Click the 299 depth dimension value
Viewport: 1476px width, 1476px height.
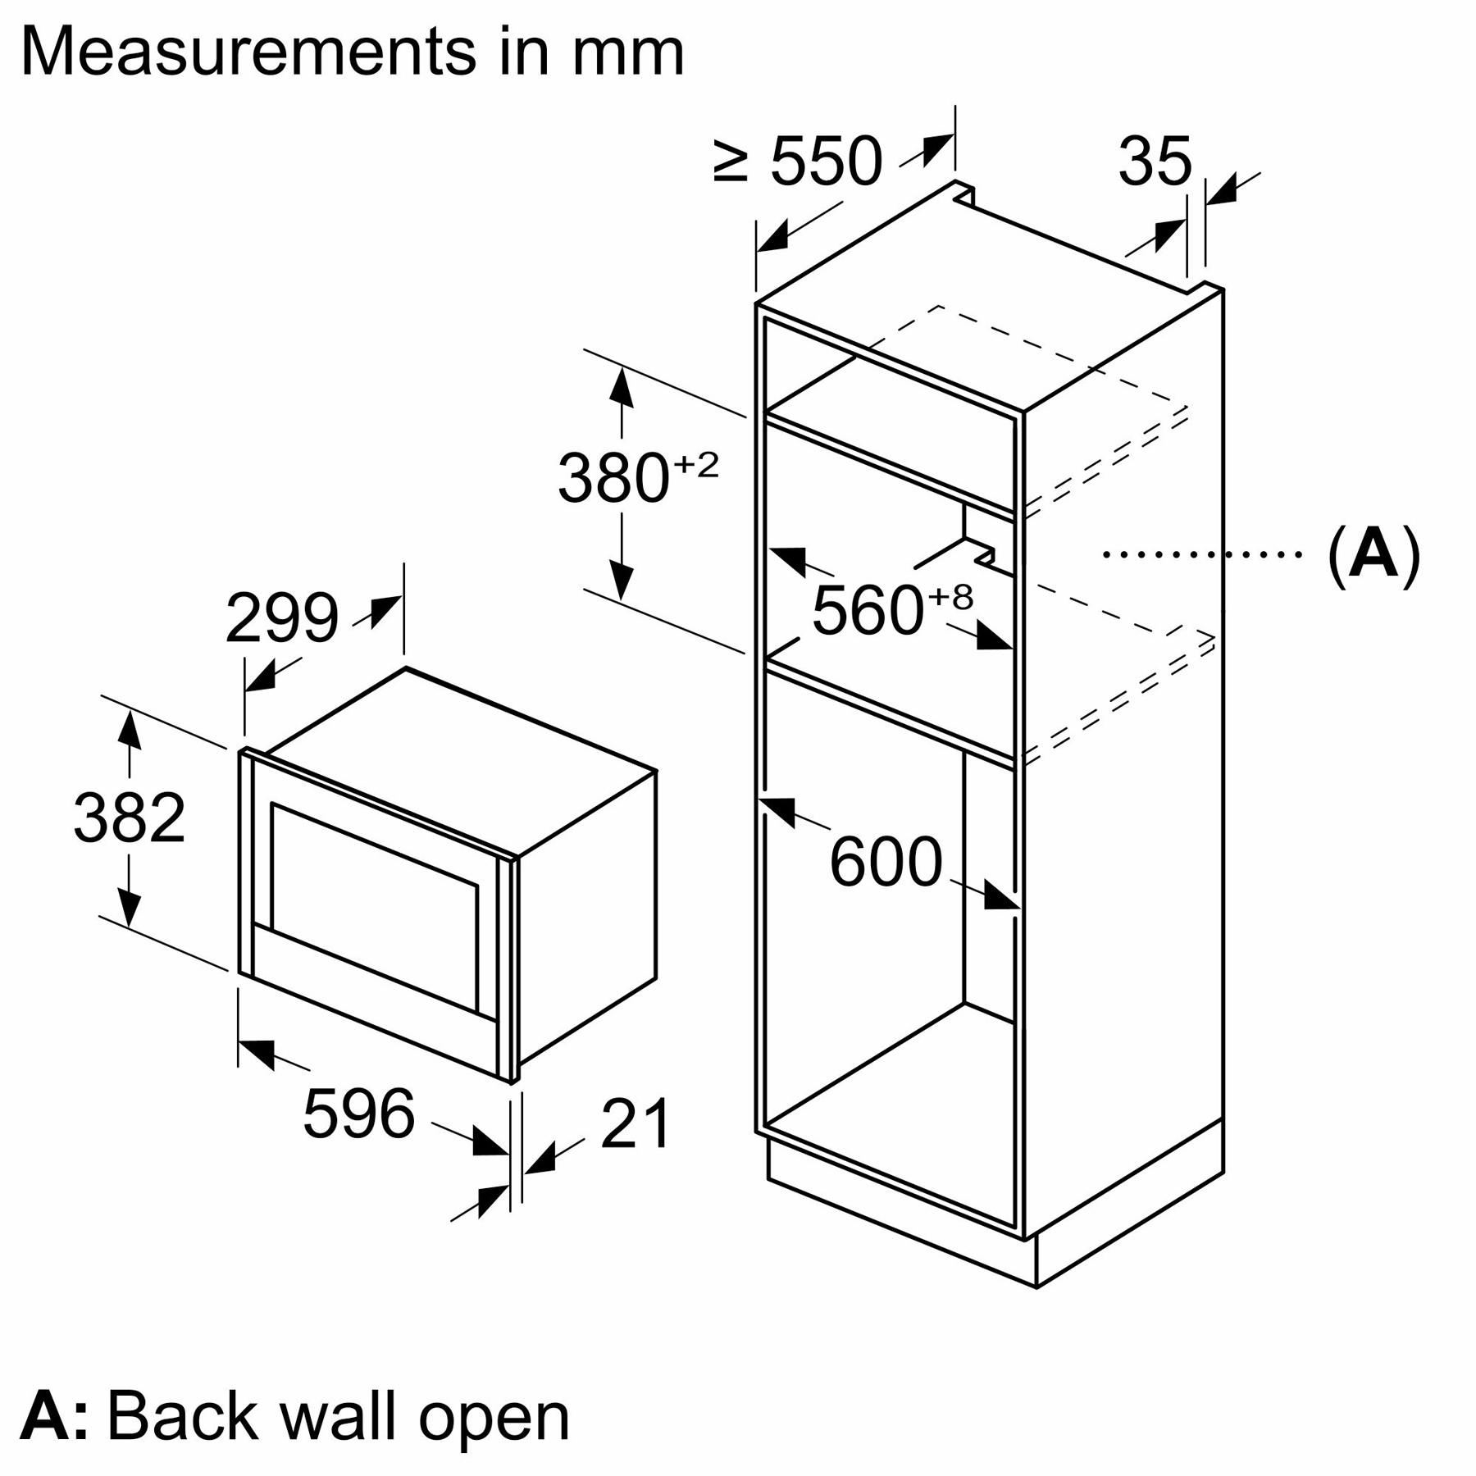click(x=281, y=618)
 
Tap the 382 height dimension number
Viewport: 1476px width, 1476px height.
click(x=130, y=818)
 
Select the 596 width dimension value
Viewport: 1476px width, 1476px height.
click(x=359, y=1114)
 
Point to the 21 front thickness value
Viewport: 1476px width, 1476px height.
click(x=635, y=1123)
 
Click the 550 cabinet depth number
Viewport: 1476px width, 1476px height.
click(x=827, y=162)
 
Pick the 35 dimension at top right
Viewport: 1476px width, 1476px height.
click(x=1155, y=162)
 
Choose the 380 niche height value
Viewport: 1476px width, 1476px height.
click(x=613, y=478)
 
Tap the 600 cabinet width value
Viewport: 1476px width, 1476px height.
click(x=886, y=861)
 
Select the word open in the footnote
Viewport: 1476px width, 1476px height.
click(x=494, y=1416)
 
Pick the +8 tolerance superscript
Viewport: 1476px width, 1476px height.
click(x=951, y=597)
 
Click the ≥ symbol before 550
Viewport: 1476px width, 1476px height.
click(x=731, y=162)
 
